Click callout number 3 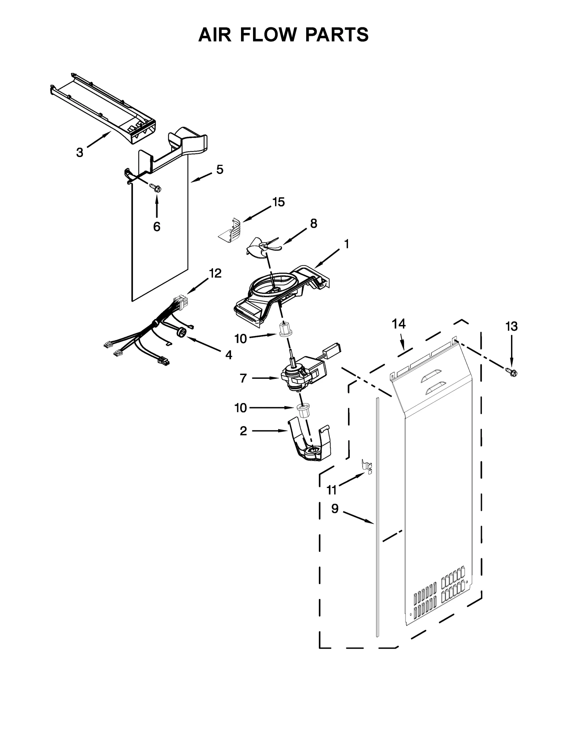coord(80,153)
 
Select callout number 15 coord(279,202)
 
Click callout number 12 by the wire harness coord(215,273)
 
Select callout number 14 coord(398,324)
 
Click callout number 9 coord(335,509)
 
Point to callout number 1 coord(346,244)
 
